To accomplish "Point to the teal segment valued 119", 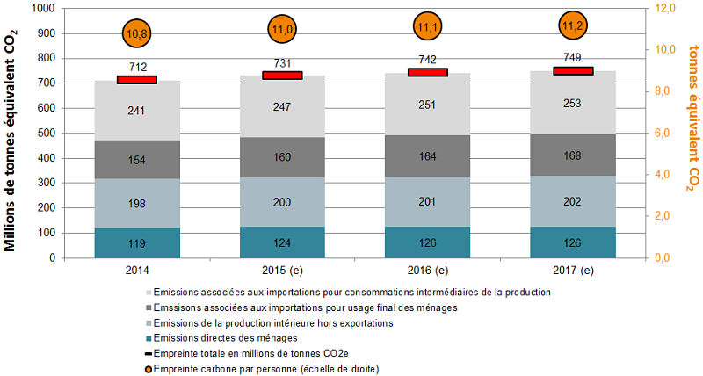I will (136, 243).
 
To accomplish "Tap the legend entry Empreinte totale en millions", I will (255, 354).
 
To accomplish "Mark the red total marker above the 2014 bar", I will (136, 80).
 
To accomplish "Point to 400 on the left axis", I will (45, 158).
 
